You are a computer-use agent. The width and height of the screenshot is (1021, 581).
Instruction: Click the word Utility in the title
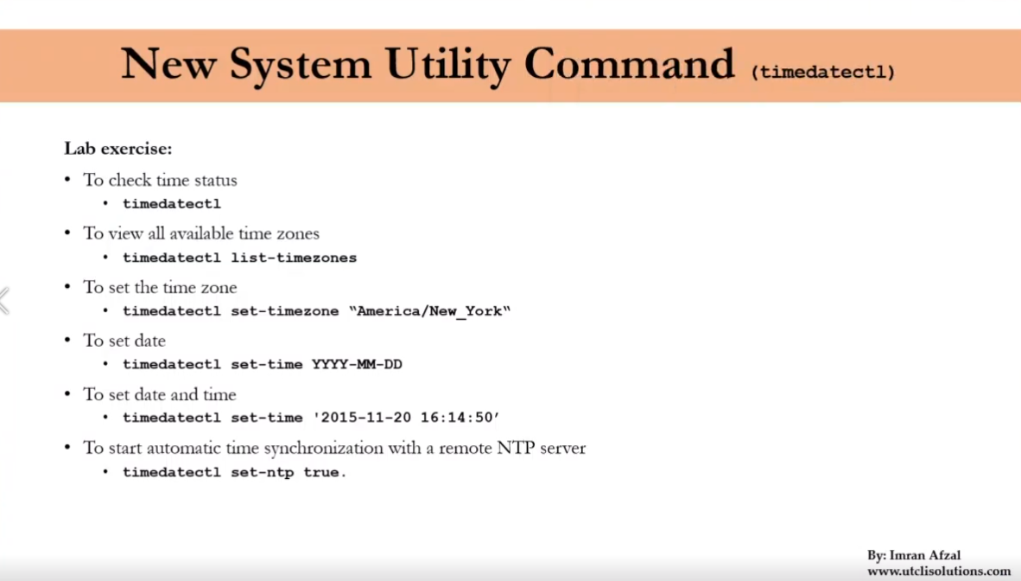click(449, 65)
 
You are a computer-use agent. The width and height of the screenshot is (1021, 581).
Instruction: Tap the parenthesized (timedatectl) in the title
click(823, 73)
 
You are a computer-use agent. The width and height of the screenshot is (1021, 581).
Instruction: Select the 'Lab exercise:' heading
click(118, 149)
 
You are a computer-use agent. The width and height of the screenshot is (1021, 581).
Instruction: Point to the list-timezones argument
click(294, 258)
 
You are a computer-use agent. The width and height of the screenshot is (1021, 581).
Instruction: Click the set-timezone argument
click(285, 311)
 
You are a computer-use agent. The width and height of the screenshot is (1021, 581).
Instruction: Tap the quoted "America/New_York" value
click(430, 311)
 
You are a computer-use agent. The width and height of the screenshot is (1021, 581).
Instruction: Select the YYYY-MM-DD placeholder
click(357, 365)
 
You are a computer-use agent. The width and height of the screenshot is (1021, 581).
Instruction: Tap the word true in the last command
click(321, 473)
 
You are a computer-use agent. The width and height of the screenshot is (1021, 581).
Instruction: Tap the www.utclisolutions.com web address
click(939, 571)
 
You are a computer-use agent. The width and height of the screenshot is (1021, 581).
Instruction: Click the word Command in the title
click(630, 65)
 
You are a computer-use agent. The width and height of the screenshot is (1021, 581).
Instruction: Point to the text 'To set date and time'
click(160, 395)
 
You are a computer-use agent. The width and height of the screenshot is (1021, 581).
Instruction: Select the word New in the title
click(169, 65)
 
